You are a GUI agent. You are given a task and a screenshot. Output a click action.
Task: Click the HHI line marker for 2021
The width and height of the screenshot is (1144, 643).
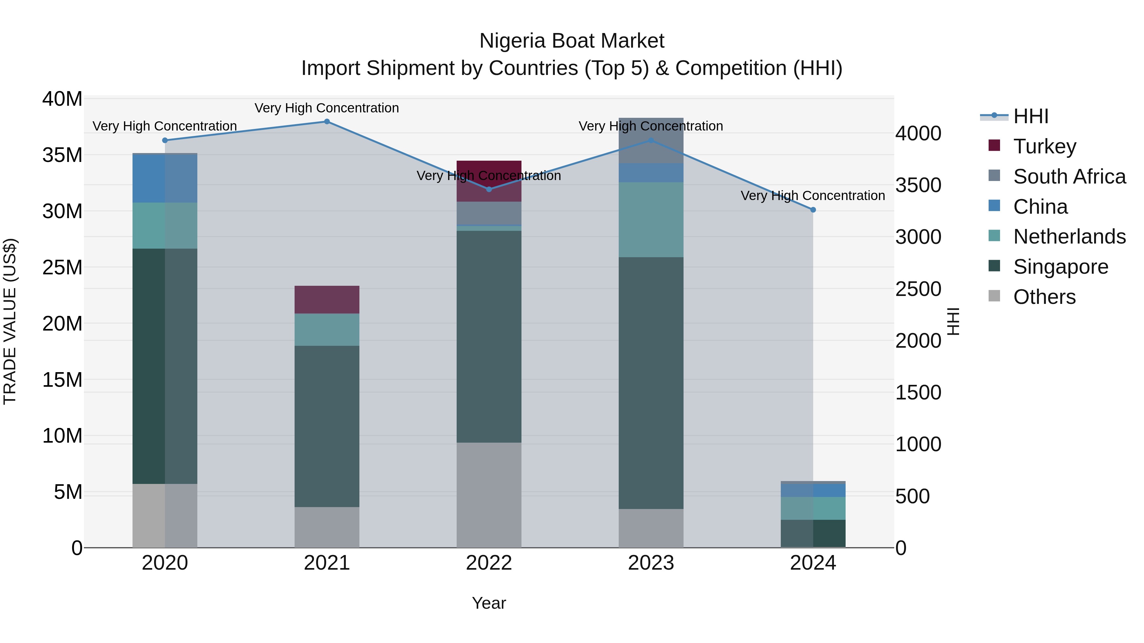click(327, 122)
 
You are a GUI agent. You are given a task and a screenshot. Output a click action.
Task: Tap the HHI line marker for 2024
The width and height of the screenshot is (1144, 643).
click(813, 210)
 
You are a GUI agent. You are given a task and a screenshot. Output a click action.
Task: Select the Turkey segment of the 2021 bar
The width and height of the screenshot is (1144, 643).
click(327, 300)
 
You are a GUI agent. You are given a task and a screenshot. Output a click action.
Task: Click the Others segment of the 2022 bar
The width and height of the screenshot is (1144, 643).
click(489, 495)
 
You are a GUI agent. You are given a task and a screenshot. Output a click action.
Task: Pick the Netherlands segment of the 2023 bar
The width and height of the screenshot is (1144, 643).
click(651, 220)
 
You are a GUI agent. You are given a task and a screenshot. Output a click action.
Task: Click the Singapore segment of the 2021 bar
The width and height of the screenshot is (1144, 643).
click(327, 426)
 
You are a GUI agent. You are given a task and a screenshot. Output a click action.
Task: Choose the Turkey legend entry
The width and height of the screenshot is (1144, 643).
click(1045, 146)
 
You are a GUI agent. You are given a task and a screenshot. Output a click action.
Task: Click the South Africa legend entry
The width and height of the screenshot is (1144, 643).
click(1069, 177)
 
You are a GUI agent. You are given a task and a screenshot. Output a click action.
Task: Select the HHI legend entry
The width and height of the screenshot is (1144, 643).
click(1030, 116)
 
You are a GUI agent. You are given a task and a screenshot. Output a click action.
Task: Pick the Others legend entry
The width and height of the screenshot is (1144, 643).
click(1044, 297)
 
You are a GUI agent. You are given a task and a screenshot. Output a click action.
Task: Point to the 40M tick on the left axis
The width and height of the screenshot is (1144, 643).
click(62, 99)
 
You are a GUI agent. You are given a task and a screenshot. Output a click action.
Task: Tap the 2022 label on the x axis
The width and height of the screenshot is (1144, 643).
click(489, 563)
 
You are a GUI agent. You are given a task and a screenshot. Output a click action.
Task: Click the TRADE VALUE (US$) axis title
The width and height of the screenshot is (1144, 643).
click(10, 321)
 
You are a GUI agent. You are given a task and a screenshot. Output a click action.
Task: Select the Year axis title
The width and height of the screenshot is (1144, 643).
click(489, 603)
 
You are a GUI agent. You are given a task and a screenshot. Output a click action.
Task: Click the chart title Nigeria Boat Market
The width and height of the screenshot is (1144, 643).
click(572, 41)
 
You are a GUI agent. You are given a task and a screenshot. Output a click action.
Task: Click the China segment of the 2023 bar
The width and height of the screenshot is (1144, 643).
click(651, 173)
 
